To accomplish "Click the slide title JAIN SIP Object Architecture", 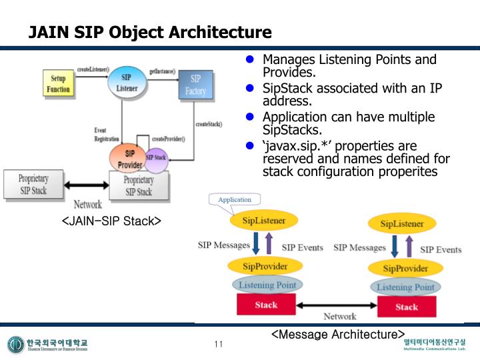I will (150, 33).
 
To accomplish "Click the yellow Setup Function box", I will (58, 84).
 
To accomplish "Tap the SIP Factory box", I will (195, 84).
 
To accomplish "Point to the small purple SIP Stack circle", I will (156, 158).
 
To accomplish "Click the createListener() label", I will (93, 69).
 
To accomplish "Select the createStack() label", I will (209, 124).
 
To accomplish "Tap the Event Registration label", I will (107, 135).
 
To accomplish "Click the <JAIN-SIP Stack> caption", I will (111, 220).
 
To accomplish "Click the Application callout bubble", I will (234, 199).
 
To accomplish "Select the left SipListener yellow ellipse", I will (263, 220).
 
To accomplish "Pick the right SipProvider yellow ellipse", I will (407, 269).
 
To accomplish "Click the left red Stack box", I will (266, 305).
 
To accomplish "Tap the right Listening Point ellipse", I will (405, 287).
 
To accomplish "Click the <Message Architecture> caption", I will (338, 333).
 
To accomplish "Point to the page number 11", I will (218, 344).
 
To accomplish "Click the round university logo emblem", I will (15, 345).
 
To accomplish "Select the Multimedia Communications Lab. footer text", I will (435, 349).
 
